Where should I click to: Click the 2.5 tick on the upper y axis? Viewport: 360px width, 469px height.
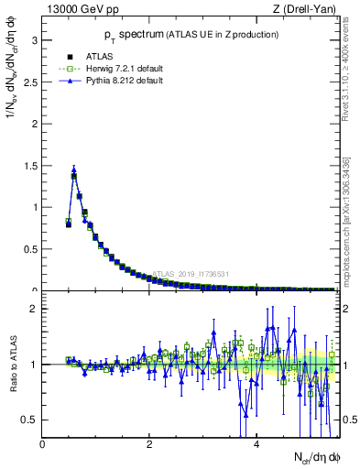[x=31, y=82]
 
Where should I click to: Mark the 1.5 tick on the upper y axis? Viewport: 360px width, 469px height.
[x=31, y=165]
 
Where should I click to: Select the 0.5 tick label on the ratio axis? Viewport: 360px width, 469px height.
[x=31, y=420]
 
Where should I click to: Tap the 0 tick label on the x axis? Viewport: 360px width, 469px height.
[x=43, y=445]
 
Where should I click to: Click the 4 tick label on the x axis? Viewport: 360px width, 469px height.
[x=256, y=445]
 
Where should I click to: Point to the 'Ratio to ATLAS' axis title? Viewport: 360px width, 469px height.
[x=12, y=365]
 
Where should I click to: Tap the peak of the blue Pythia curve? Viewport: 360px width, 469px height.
[x=74, y=169]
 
